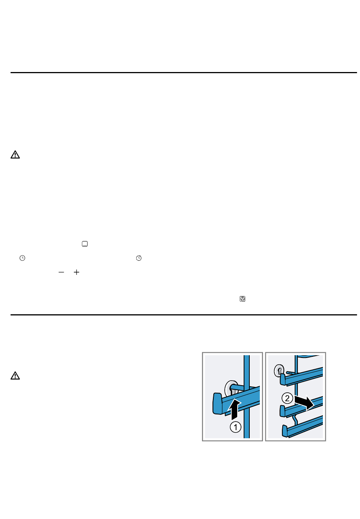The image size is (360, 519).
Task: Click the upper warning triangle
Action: click(x=15, y=155)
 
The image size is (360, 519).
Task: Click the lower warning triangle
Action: click(x=15, y=376)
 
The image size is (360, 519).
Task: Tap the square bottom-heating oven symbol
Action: click(x=85, y=244)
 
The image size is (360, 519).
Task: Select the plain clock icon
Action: click(x=22, y=258)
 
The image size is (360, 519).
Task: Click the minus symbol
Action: click(x=61, y=272)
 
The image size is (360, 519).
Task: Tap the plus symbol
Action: click(x=76, y=272)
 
